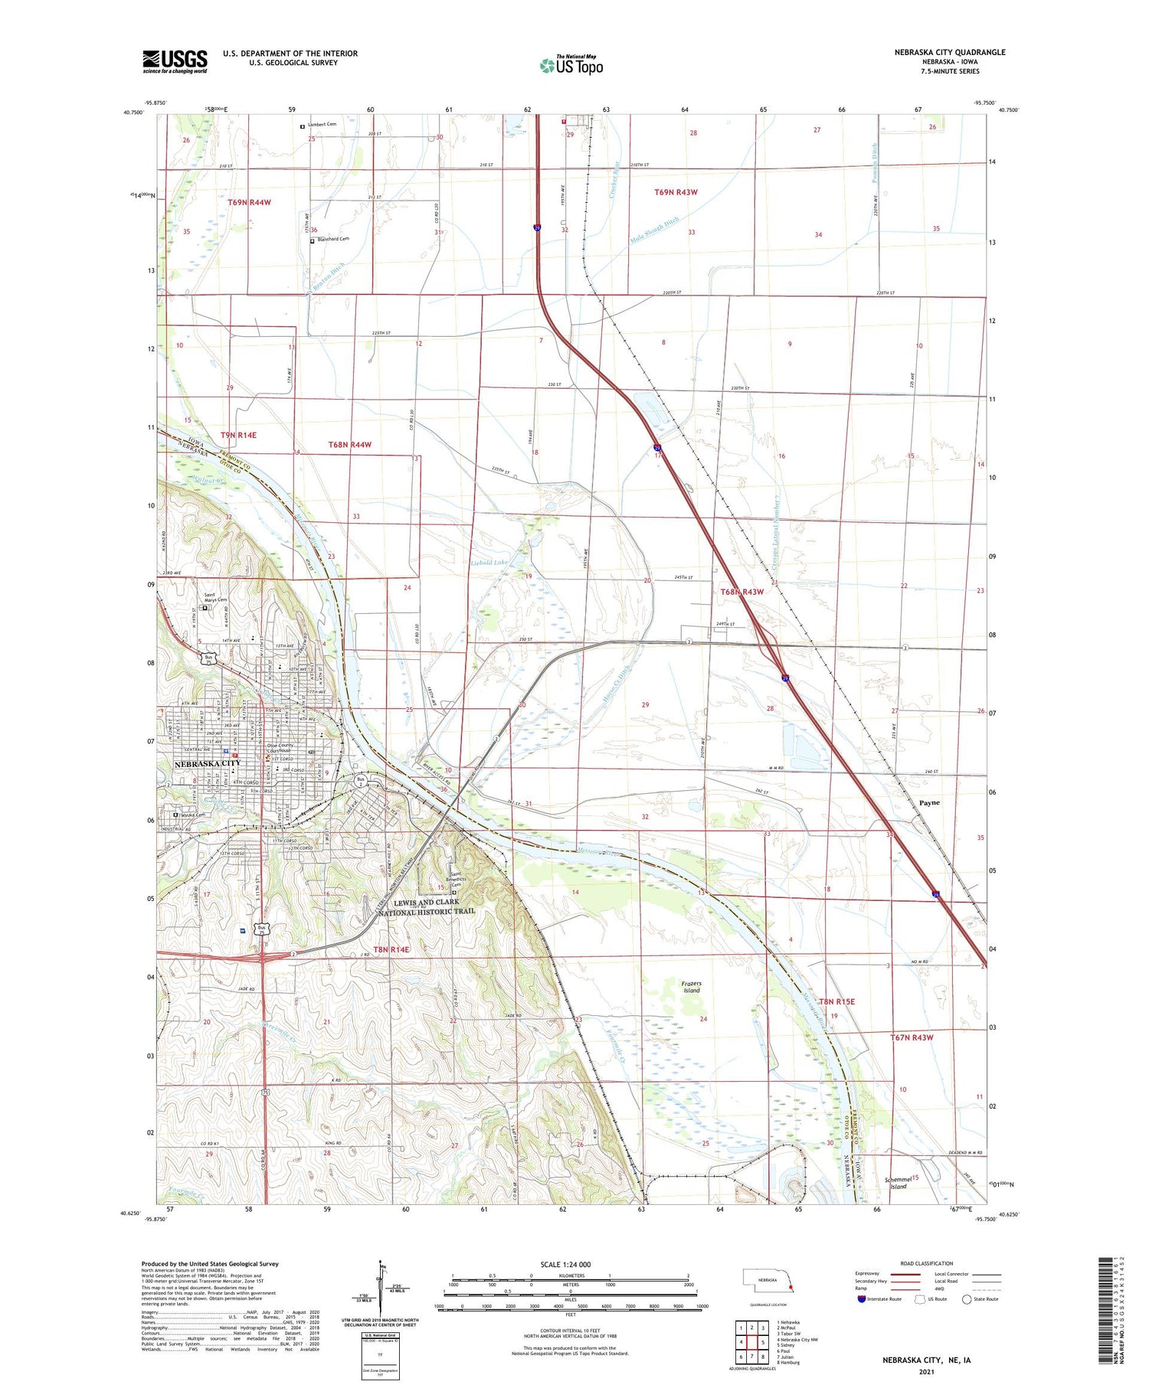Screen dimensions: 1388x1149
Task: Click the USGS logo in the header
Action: [x=175, y=61]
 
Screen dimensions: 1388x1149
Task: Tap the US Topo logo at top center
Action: [x=571, y=65]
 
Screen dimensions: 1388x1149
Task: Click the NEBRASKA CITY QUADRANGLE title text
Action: [x=949, y=53]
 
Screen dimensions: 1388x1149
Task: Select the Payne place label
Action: [x=929, y=803]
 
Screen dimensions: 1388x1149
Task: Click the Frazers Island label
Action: [x=691, y=987]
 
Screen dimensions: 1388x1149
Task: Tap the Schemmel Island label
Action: [x=897, y=1183]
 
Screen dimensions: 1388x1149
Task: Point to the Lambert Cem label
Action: [x=322, y=124]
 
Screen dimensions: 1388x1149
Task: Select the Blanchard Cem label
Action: [x=332, y=240]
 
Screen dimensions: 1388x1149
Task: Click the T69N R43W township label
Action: [x=676, y=192]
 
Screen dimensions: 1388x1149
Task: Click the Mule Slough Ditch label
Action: [x=654, y=230]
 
